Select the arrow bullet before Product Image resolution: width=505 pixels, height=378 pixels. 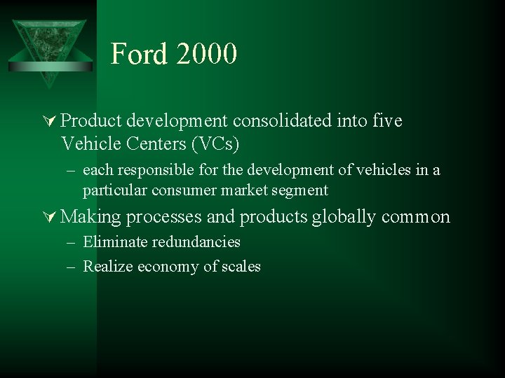coord(50,121)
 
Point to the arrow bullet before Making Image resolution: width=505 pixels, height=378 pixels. coord(50,217)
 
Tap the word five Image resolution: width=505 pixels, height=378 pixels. coord(388,121)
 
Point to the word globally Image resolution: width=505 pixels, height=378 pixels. coord(344,217)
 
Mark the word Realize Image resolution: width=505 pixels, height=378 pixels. coord(107,266)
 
